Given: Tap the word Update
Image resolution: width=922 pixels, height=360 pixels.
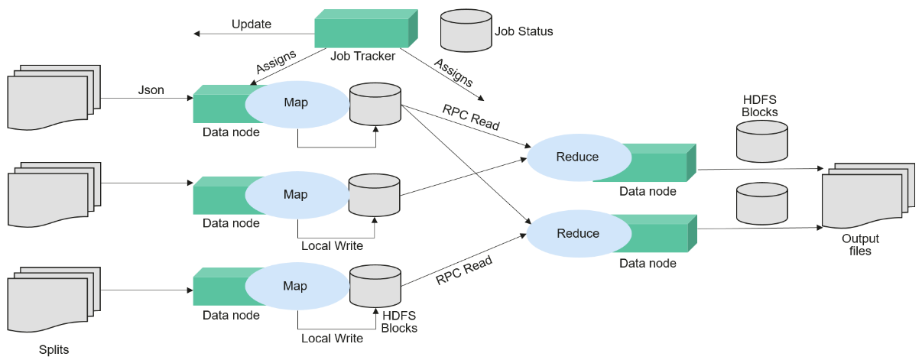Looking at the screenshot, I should pyautogui.click(x=251, y=24).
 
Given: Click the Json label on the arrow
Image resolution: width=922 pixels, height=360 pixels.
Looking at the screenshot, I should pyautogui.click(x=151, y=90).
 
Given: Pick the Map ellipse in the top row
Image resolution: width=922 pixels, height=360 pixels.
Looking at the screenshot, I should pyautogui.click(x=296, y=102).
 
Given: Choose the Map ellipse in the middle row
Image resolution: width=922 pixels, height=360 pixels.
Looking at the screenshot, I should pyautogui.click(x=296, y=194).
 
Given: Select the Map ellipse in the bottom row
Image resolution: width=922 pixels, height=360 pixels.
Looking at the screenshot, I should pyautogui.click(x=296, y=286).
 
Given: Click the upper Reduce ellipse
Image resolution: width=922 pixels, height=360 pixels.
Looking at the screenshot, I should pyautogui.click(x=577, y=157).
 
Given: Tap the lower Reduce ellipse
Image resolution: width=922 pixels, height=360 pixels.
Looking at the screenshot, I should pyautogui.click(x=577, y=233).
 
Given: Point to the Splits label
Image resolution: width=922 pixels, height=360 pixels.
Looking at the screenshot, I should pyautogui.click(x=54, y=350).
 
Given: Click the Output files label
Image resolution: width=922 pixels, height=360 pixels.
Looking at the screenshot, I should pyautogui.click(x=860, y=245).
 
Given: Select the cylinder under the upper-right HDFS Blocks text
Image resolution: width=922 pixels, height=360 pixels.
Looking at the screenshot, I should pyautogui.click(x=761, y=141).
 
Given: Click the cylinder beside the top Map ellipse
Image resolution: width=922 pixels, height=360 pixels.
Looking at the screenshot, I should pyautogui.click(x=375, y=104).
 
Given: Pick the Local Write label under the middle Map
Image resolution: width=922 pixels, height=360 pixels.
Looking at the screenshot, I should pyautogui.click(x=332, y=246).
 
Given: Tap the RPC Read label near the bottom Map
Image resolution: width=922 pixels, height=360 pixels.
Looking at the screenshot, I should pyautogui.click(x=463, y=270).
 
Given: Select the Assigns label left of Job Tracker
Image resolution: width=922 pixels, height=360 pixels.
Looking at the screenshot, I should pyautogui.click(x=275, y=65).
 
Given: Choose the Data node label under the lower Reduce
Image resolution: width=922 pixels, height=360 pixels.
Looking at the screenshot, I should pyautogui.click(x=648, y=263).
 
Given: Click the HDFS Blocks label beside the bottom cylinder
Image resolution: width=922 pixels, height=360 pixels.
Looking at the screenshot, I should pyautogui.click(x=399, y=322).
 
